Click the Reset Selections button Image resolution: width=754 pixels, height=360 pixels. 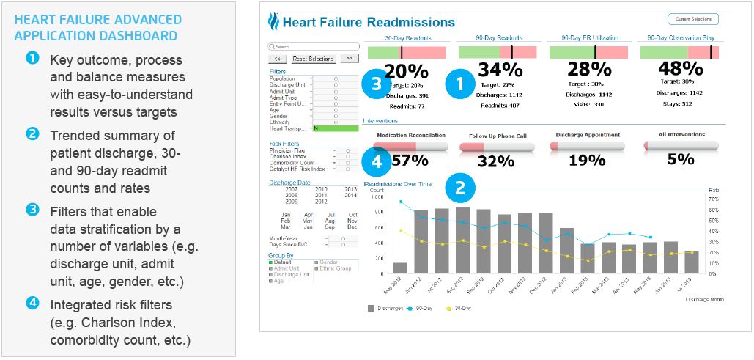click(313, 59)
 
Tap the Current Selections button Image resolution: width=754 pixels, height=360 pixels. click(693, 19)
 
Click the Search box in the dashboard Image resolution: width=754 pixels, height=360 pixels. click(303, 46)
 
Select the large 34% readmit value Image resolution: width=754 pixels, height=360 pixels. click(500, 70)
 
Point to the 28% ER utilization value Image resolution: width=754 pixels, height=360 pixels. click(590, 70)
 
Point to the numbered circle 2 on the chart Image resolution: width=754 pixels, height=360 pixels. click(460, 188)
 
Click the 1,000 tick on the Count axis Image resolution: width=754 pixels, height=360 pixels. click(377, 196)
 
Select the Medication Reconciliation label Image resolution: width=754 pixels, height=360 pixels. click(410, 135)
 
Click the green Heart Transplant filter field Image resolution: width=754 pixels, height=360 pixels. click(335, 128)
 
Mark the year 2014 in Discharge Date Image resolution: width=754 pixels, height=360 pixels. click(350, 195)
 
